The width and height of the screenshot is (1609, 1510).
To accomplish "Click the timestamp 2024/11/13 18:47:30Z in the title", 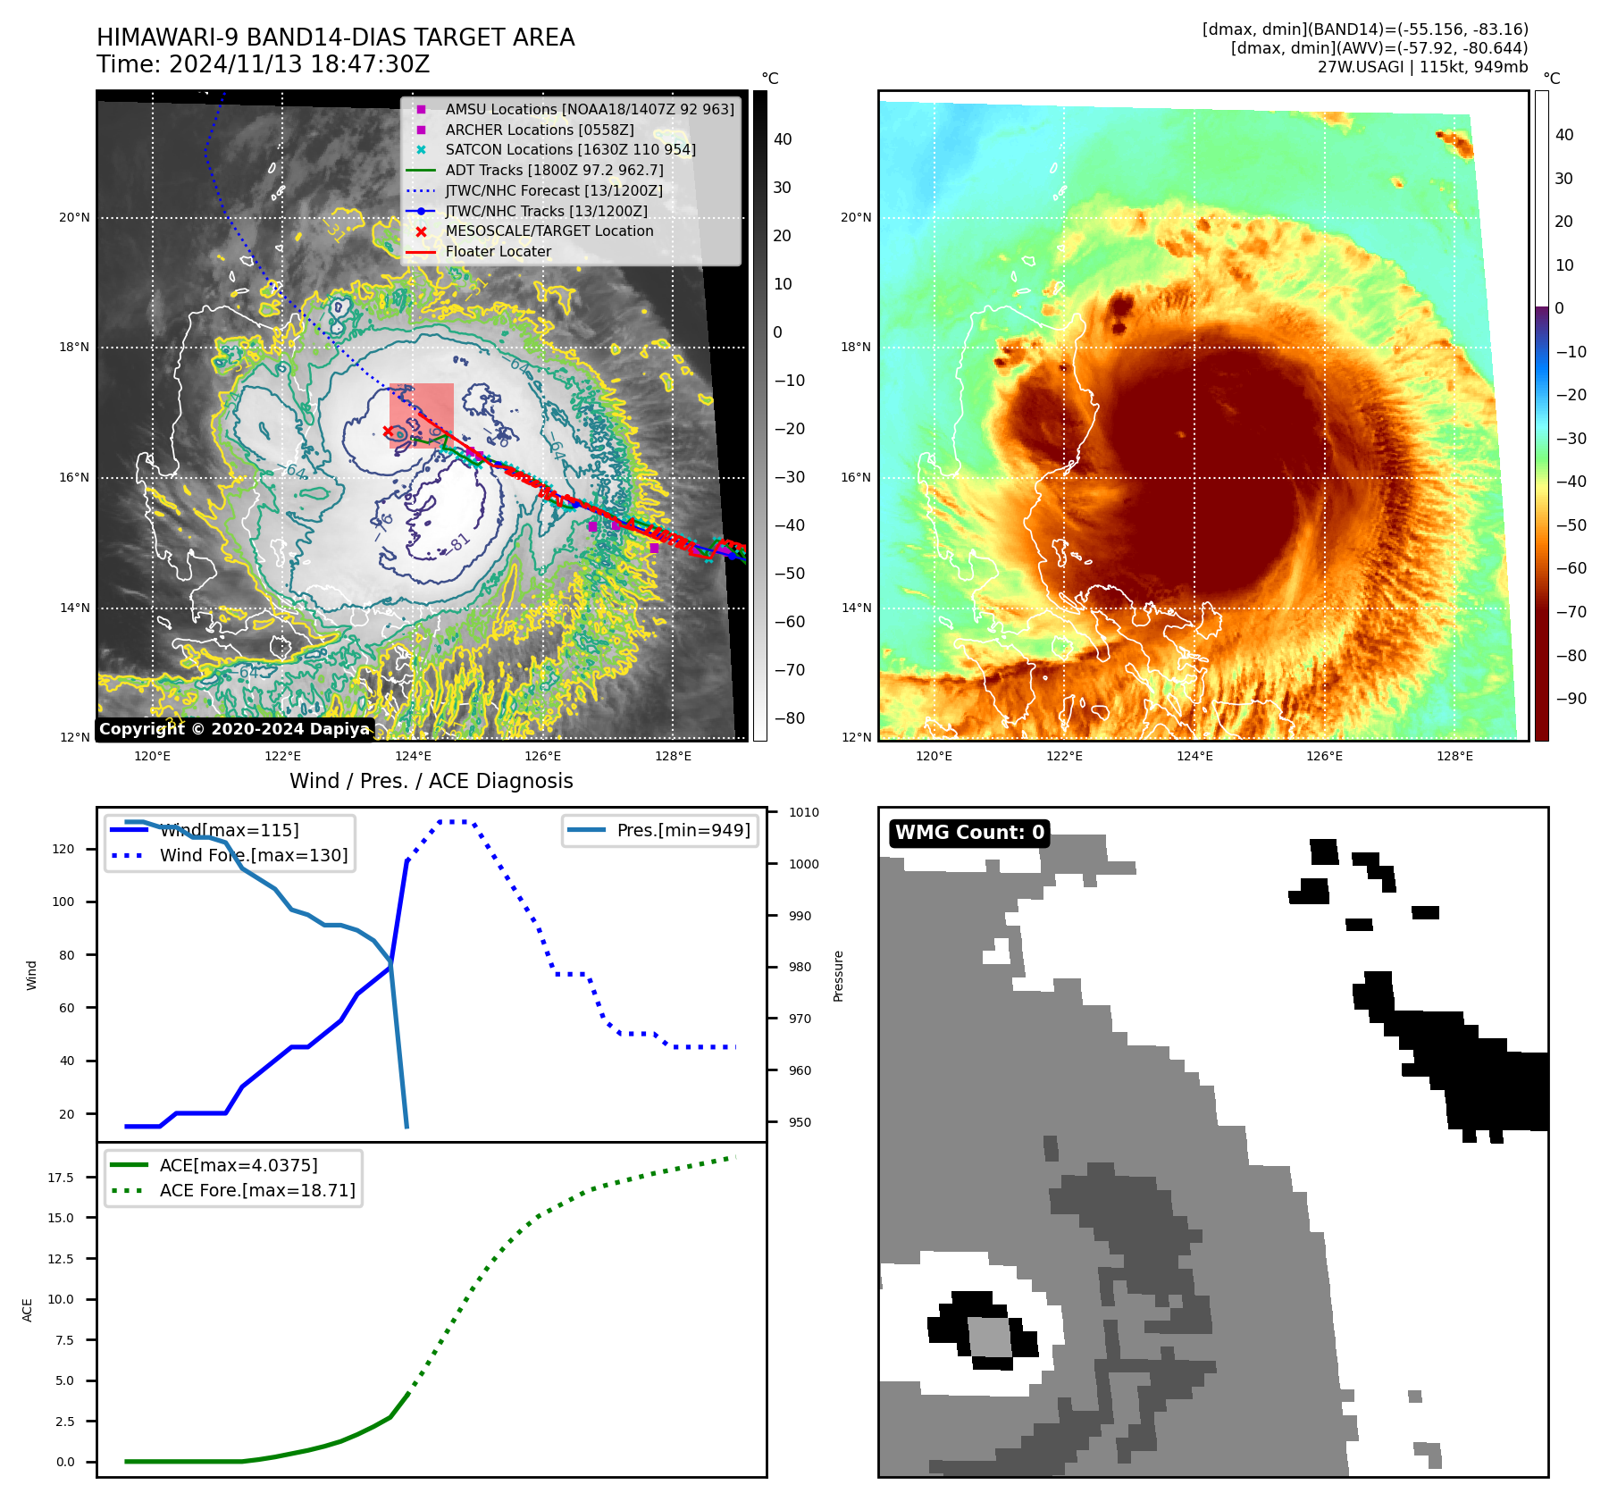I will (299, 64).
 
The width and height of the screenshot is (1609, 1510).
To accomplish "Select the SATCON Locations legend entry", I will (570, 149).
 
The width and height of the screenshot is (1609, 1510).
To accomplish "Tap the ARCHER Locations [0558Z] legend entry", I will (539, 130).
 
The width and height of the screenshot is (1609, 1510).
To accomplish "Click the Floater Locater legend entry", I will (498, 251).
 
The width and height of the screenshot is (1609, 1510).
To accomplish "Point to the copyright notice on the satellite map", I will (234, 729).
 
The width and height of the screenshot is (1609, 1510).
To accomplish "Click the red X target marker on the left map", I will (388, 432).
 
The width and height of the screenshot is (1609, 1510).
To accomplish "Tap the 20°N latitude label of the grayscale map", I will (75, 217).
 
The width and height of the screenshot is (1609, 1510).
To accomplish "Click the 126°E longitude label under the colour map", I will (1324, 756).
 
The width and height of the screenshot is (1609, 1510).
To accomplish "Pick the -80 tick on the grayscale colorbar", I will (789, 718).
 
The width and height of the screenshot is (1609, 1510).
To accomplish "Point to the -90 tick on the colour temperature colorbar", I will (1571, 699).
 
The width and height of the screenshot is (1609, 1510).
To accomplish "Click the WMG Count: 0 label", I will (969, 833).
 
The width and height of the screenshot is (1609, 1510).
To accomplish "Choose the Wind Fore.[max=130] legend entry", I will (253, 855).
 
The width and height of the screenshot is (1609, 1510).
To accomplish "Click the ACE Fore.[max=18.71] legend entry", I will (256, 1190).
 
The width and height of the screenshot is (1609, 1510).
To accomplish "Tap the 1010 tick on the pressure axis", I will (803, 812).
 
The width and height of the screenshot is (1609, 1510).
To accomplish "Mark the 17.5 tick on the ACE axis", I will (61, 1178).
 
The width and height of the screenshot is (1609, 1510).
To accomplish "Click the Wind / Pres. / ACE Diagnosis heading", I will (431, 781).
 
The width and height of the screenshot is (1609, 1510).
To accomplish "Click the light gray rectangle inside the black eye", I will (989, 1338).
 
